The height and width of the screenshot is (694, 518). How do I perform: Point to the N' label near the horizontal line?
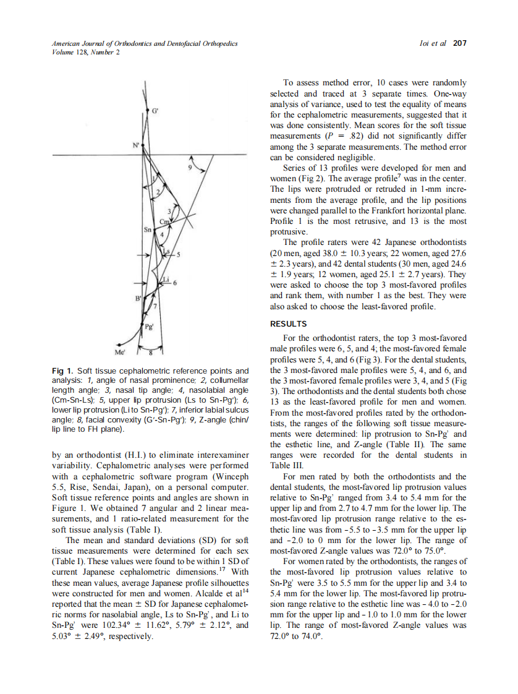135,145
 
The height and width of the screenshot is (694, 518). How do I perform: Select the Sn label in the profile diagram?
147,229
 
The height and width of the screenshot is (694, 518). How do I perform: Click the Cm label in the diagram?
164,221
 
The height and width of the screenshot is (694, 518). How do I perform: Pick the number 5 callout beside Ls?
178,254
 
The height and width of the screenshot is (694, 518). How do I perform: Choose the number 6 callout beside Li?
175,283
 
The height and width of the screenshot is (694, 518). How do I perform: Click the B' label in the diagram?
138,299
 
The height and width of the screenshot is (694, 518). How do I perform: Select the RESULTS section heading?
289,323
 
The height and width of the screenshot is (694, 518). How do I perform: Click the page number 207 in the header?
459,43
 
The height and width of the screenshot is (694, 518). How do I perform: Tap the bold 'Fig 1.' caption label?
62,371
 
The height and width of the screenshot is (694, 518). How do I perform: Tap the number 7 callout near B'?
155,307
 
